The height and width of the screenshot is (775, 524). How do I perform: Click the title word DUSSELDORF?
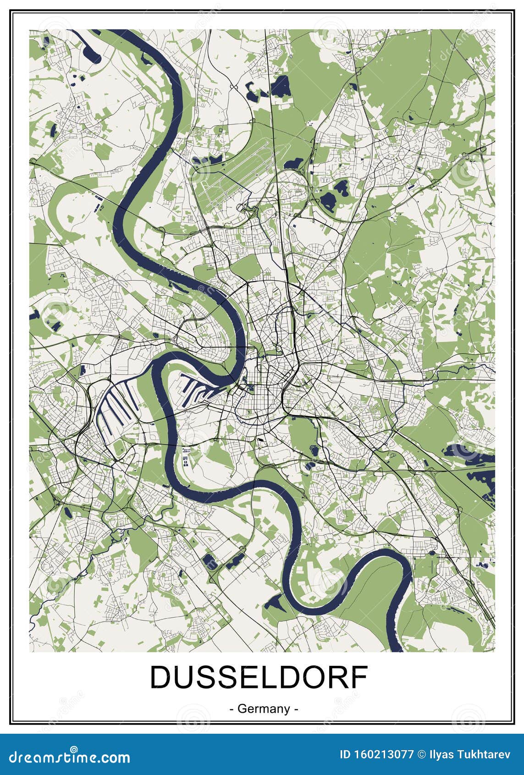point(259,677)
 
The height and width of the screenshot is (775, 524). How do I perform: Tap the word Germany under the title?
point(264,709)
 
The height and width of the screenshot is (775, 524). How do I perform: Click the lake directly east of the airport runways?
point(293,163)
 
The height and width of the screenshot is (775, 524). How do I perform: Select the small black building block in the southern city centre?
point(261,441)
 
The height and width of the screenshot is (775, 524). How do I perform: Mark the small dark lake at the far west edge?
point(35,315)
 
